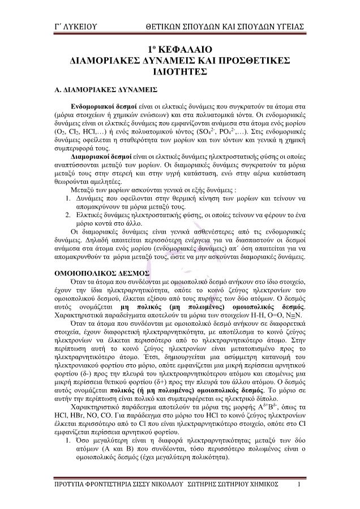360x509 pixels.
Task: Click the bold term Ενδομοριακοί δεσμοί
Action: pos(102,106)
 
